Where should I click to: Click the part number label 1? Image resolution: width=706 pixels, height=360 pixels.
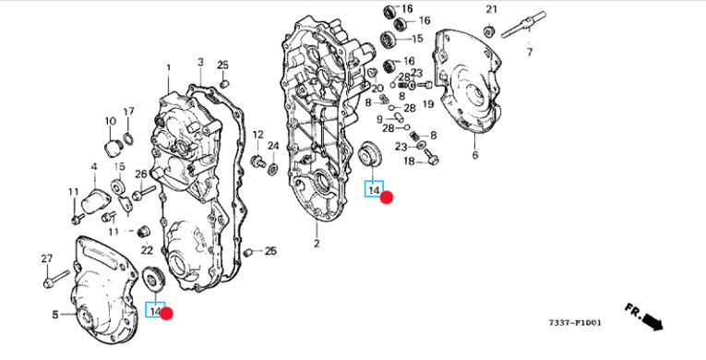pyautogui.click(x=168, y=68)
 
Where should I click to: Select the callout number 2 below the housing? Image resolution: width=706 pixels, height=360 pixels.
pyautogui.click(x=317, y=244)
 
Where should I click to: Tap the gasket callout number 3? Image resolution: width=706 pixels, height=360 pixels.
pyautogui.click(x=200, y=62)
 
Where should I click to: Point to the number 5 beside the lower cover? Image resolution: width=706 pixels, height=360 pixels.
pyautogui.click(x=55, y=315)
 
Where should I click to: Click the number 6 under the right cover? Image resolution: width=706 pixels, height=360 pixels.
pyautogui.click(x=475, y=155)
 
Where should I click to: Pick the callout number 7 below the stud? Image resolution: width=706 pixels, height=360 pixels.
pyautogui.click(x=530, y=53)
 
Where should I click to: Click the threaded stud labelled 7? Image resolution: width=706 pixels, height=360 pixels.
pyautogui.click(x=523, y=25)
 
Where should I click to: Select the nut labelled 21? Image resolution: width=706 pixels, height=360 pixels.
pyautogui.click(x=489, y=31)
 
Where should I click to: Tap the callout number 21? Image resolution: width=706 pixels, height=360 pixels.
pyautogui.click(x=491, y=9)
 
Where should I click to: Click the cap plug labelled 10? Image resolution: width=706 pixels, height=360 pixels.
pyautogui.click(x=112, y=148)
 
